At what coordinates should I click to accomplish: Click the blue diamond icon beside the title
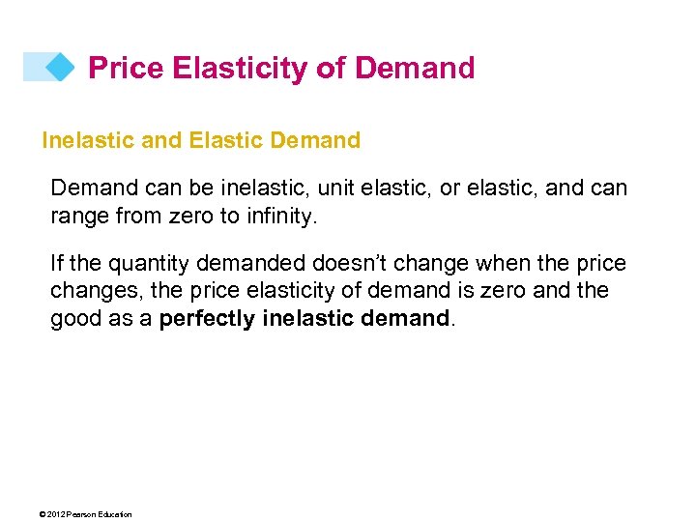click(60, 67)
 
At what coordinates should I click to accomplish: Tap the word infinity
click(279, 216)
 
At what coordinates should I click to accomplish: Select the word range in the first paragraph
click(79, 216)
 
